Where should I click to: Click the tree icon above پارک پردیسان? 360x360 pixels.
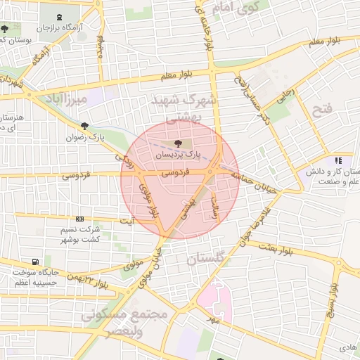coord(178,143)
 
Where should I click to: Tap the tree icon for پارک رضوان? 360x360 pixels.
coord(85,127)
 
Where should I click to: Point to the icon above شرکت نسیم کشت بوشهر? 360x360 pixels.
coord(79,219)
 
